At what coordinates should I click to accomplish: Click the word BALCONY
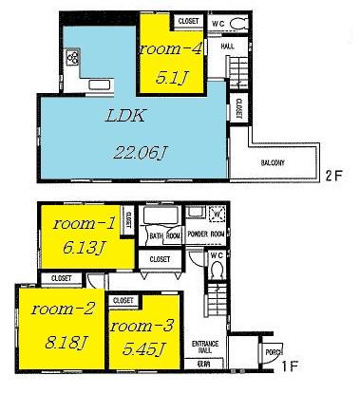coord(275,163)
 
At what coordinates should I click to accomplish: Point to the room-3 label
coord(141,326)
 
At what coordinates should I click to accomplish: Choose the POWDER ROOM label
coord(205,235)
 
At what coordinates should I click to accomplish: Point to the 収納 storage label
coord(203,362)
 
